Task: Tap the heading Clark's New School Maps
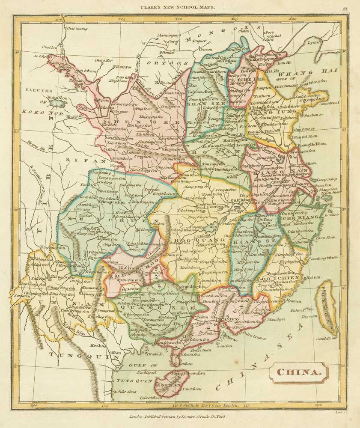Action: coord(180,7)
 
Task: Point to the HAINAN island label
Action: coord(168,385)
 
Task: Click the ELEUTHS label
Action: coord(39,91)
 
